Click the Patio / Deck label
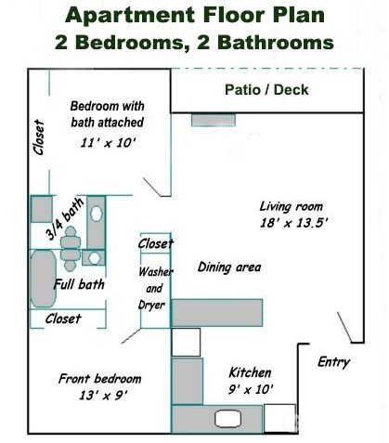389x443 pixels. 266,90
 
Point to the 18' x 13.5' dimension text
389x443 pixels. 293,224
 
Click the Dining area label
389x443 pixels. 229,267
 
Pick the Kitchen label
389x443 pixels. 250,371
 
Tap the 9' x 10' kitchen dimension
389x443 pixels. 251,389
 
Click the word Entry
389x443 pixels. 333,362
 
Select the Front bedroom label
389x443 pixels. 99,379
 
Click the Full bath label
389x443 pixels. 78,284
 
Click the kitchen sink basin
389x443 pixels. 186,341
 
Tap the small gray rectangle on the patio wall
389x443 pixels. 206,120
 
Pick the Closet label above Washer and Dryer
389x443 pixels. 155,243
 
